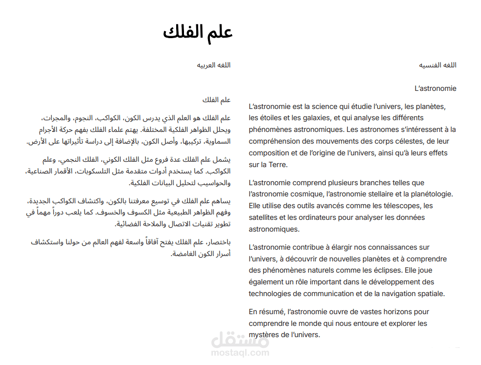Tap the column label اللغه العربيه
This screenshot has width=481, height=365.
coord(214,65)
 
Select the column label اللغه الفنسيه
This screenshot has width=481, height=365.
coord(437,65)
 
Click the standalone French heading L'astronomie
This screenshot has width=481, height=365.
coord(435,88)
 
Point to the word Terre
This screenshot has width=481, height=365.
coord(278,165)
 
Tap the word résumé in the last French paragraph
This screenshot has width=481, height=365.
coord(272,312)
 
